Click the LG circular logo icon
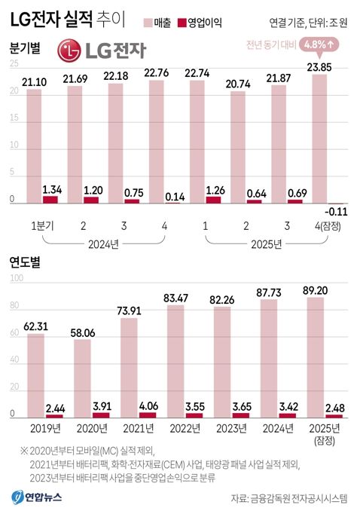[x=72, y=52]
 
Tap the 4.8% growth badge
[x=319, y=44]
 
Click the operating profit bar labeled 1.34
[x=50, y=199]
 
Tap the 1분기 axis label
[x=43, y=225]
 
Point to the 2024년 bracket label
[x=104, y=244]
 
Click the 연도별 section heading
[x=24, y=263]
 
